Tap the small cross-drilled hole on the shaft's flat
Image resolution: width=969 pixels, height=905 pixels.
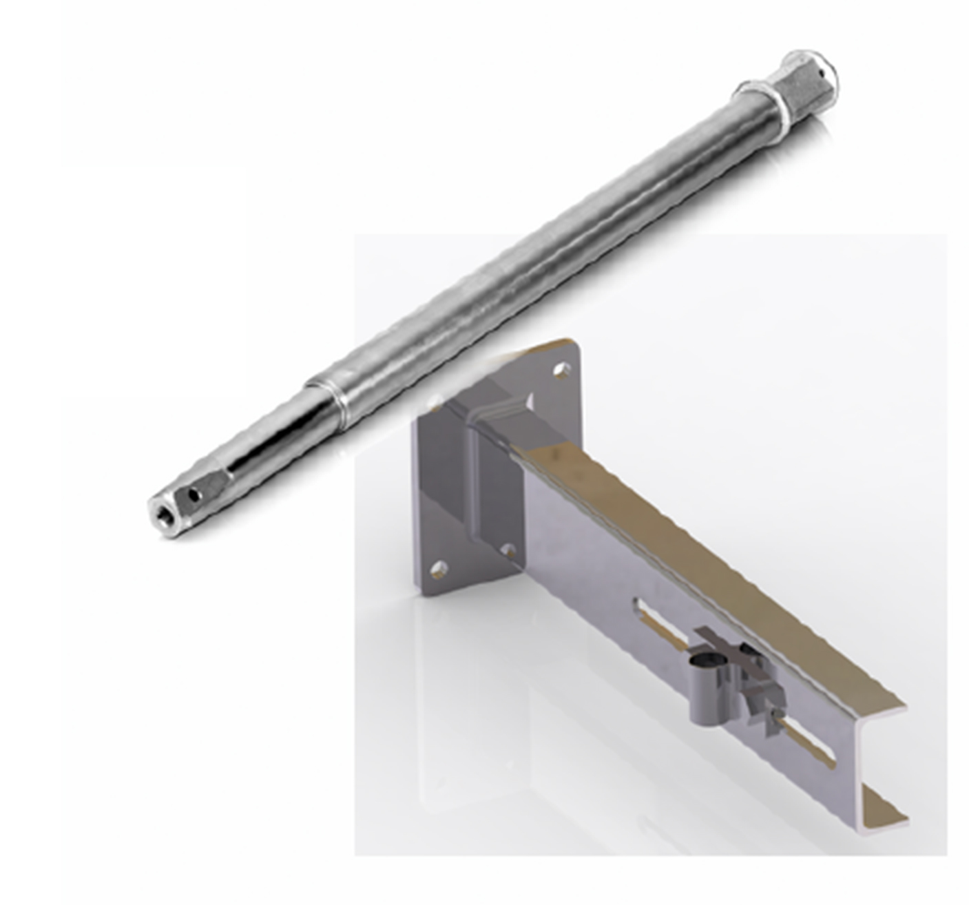(x=196, y=493)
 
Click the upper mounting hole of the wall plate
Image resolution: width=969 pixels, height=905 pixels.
(x=563, y=371)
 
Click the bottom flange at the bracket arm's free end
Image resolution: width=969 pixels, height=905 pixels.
(x=885, y=816)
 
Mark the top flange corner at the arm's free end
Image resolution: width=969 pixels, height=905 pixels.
(x=895, y=709)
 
